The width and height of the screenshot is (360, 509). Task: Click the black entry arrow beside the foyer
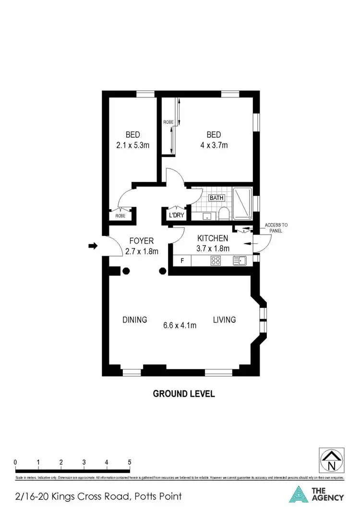tap(93, 246)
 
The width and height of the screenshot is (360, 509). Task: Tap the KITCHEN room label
tap(213, 238)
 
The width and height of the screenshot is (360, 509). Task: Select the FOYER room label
tap(142, 241)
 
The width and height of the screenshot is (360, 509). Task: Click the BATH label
tap(216, 197)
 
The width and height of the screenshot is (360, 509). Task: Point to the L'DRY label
tap(176, 215)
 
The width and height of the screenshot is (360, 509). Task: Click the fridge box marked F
tap(182, 261)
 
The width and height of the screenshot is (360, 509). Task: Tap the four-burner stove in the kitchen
tap(216, 261)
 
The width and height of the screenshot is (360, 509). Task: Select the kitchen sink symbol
tap(240, 261)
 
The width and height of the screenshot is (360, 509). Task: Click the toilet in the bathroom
tap(223, 213)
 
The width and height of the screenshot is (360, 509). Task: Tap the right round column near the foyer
tap(163, 271)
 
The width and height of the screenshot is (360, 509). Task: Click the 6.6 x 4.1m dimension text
tap(180, 325)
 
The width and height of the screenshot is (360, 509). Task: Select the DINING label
tap(134, 320)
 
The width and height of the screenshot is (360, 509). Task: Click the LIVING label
tap(224, 320)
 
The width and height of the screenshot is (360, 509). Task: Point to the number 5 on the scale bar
tap(130, 462)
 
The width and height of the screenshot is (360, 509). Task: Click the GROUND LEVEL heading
tap(183, 394)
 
